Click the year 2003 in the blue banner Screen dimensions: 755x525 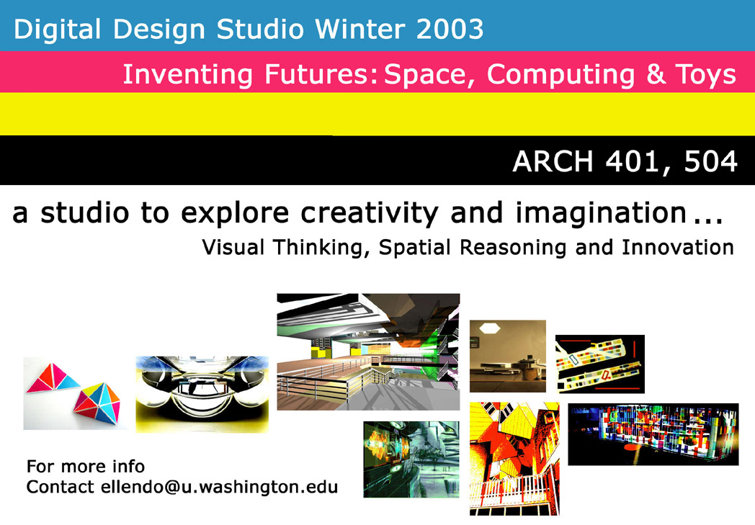pos(450,30)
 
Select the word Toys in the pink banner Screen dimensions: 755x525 pos(705,75)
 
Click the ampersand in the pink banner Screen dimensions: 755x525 pos(656,75)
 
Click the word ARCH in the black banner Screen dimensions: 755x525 pos(553,161)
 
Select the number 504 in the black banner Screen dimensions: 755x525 pos(711,161)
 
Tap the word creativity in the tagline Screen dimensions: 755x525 pos(370,213)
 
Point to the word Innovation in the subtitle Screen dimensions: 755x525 pos(677,247)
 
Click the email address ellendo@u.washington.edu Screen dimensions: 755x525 pos(220,487)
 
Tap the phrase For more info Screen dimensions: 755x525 pos(86,466)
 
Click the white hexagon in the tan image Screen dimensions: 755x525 pos(490,328)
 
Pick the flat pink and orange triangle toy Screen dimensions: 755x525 pos(53,378)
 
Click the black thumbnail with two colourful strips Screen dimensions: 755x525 pos(600,364)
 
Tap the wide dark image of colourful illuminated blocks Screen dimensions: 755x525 pos(653,434)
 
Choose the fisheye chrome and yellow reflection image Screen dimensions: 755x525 pos(202,394)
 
